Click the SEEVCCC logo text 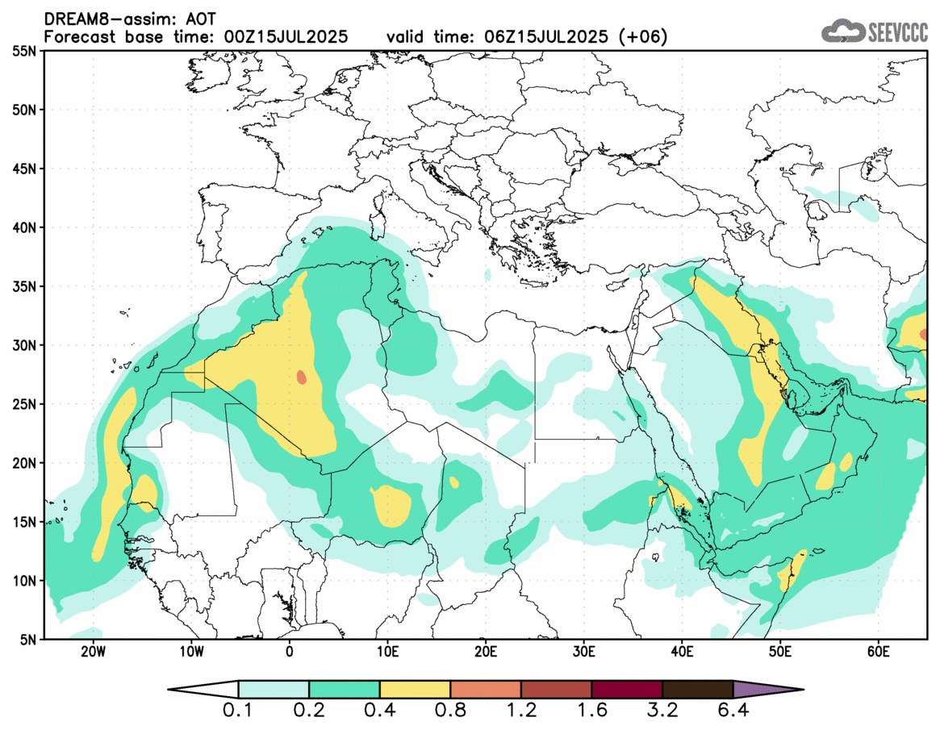pyautogui.click(x=897, y=31)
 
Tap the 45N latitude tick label pyautogui.click(x=27, y=169)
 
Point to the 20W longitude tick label pyautogui.click(x=92, y=650)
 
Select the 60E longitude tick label pyautogui.click(x=878, y=650)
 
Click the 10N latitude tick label pyautogui.click(x=27, y=580)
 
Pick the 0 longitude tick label pyautogui.click(x=289, y=650)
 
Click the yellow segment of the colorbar pyautogui.click(x=415, y=690)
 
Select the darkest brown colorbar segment pyautogui.click(x=698, y=690)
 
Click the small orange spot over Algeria pyautogui.click(x=302, y=377)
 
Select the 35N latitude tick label pyautogui.click(x=27, y=286)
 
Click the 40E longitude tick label pyautogui.click(x=682, y=650)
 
